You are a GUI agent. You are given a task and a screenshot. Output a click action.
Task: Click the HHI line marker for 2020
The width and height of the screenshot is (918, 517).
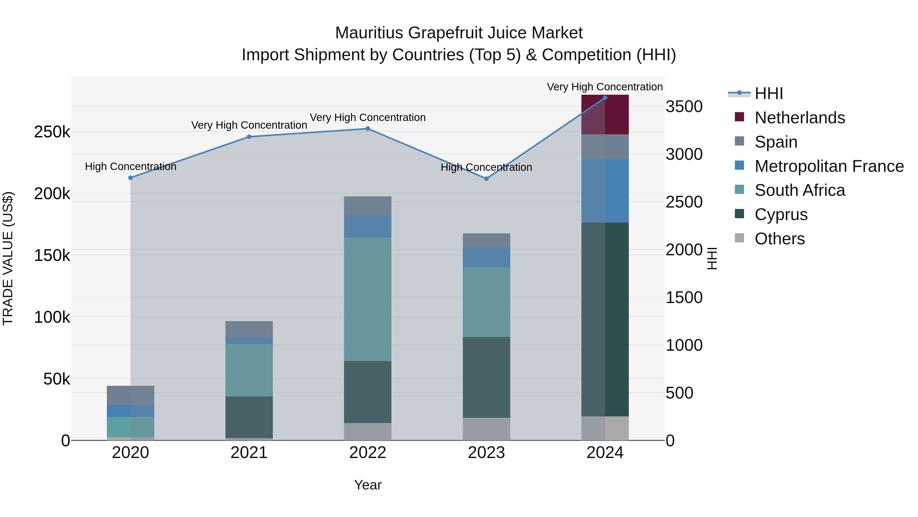130,178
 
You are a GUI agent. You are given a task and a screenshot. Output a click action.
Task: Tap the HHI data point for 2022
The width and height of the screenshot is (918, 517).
368,129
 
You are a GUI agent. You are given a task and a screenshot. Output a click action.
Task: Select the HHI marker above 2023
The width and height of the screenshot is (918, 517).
487,178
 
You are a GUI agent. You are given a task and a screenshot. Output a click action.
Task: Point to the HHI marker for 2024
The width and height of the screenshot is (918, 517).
605,98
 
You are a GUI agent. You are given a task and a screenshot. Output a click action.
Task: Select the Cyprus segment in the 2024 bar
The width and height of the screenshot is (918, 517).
605,319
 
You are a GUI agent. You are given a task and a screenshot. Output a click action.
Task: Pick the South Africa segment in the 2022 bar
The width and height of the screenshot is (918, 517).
368,299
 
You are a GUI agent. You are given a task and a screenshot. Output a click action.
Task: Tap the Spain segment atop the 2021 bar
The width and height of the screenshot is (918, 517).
249,329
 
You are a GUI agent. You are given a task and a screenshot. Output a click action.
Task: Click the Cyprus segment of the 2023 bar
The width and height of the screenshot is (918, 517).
487,377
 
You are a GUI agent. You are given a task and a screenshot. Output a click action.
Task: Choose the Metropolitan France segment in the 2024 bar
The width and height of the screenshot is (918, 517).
605,191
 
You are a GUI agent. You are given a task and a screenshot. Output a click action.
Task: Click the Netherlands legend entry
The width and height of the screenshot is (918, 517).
799,118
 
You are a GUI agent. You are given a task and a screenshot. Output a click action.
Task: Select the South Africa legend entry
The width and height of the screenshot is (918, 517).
799,190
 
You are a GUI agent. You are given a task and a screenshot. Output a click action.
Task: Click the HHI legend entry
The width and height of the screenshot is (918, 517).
769,93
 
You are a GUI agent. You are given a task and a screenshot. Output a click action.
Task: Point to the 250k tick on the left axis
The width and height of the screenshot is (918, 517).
52,132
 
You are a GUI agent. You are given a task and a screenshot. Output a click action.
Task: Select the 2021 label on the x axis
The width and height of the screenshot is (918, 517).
249,453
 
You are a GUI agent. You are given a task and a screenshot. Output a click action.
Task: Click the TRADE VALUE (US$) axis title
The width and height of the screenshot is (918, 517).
8,258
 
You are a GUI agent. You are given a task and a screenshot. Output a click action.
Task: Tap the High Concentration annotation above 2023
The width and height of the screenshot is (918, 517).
487,167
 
